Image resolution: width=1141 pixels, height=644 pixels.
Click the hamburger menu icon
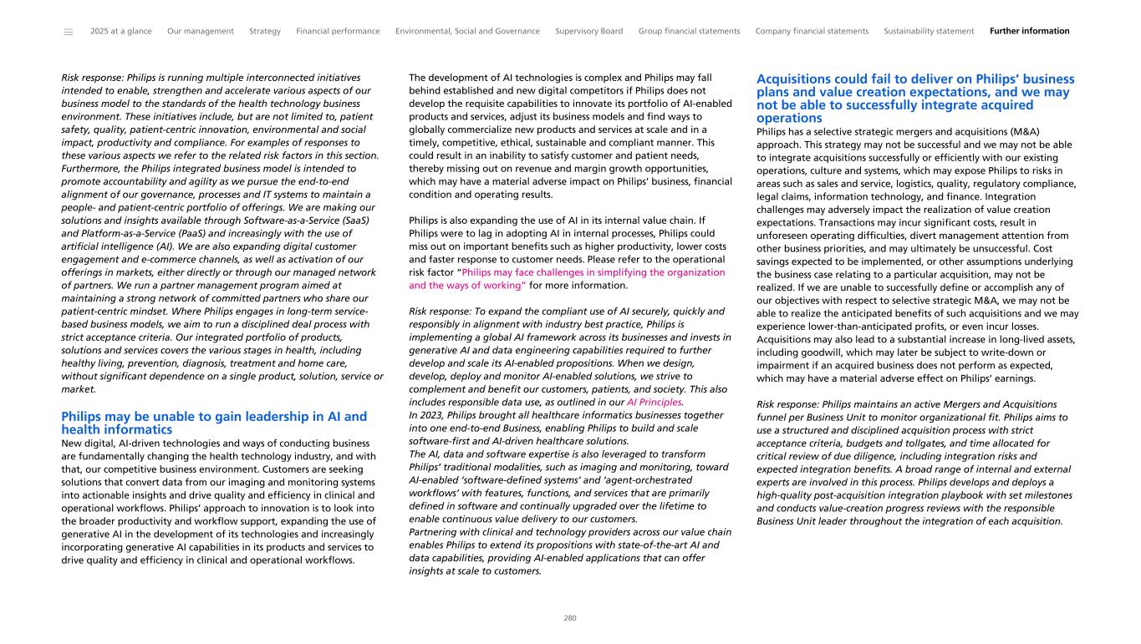click(x=69, y=32)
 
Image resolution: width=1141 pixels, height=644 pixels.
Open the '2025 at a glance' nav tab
click(x=121, y=31)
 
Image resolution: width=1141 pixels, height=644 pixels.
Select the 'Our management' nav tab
click(x=201, y=31)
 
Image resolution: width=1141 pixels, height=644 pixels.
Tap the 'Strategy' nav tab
click(x=265, y=31)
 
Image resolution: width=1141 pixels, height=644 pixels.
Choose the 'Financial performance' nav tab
click(x=338, y=31)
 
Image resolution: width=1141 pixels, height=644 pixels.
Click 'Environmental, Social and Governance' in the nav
click(x=467, y=31)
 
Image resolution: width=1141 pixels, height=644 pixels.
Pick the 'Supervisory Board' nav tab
click(x=588, y=31)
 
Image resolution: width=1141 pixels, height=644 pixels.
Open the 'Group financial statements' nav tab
click(x=689, y=31)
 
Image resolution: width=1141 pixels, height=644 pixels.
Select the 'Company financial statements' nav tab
click(x=812, y=31)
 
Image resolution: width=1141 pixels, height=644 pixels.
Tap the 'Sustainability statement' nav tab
click(x=929, y=31)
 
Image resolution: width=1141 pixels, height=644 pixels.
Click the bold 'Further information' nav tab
click(x=1029, y=31)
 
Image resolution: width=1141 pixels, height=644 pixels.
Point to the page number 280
click(x=570, y=618)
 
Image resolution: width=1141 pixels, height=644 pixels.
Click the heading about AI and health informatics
click(x=214, y=423)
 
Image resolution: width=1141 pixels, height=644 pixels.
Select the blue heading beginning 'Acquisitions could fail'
click(x=915, y=99)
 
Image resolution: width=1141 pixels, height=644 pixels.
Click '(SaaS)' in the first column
click(x=357, y=220)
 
